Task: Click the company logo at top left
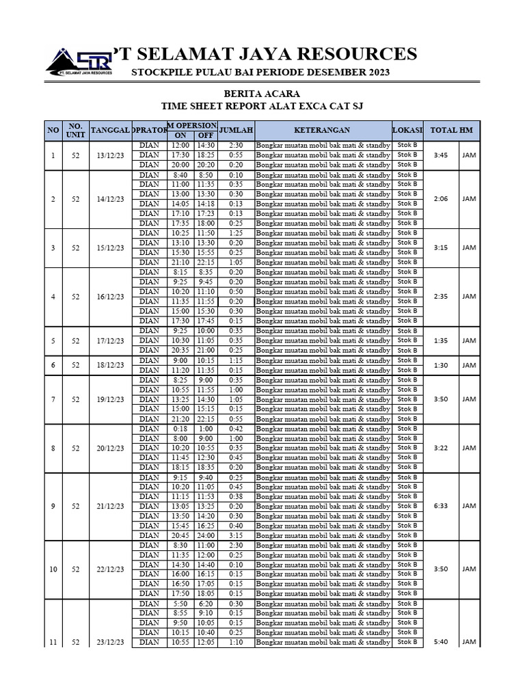79,60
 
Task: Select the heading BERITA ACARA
262,94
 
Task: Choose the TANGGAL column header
110,130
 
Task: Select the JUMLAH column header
236,130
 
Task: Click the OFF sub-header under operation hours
205,135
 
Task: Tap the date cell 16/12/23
110,297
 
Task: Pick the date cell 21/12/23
110,507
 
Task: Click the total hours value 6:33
441,507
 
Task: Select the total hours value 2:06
441,199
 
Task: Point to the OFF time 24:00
205,536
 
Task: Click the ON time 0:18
180,429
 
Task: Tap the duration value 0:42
236,429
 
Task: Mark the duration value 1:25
236,233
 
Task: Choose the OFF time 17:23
205,213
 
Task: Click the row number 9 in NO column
53,507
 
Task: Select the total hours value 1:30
441,365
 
